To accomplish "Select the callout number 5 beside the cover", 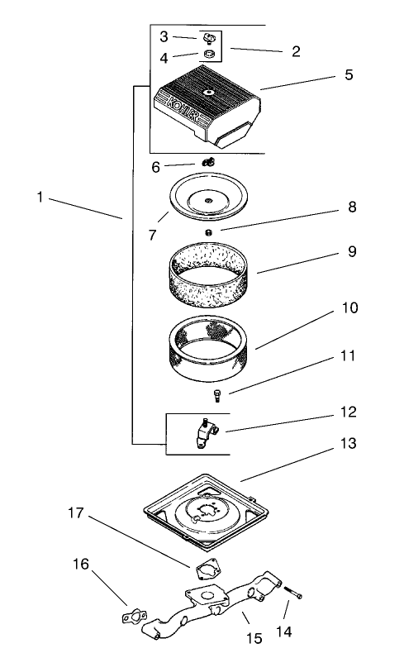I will point(348,75).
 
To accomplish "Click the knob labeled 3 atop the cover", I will point(207,38).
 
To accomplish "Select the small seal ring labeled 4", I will point(209,56).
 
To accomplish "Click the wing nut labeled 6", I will point(207,162).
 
